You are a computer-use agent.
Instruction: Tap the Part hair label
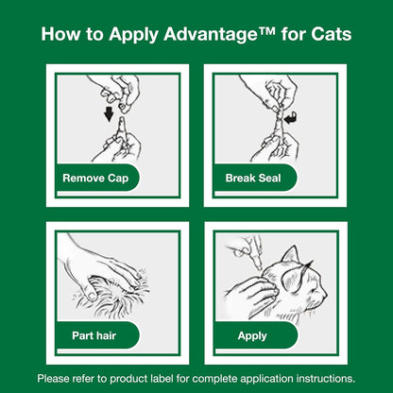(x=94, y=335)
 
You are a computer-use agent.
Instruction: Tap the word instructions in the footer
(x=325, y=378)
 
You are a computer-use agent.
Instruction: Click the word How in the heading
(x=60, y=36)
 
